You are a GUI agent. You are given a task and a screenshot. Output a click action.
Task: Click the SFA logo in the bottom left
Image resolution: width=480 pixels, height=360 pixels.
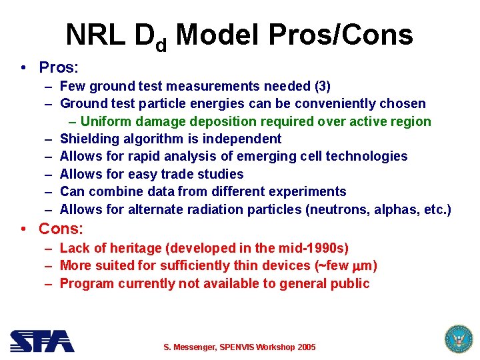tap(41, 341)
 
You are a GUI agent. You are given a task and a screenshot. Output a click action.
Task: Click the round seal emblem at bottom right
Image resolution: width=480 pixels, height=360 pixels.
tap(458, 339)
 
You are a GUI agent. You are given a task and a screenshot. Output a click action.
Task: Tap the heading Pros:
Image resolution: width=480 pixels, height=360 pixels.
tap(59, 67)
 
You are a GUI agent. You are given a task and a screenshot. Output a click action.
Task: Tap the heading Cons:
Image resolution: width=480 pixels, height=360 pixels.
tap(61, 229)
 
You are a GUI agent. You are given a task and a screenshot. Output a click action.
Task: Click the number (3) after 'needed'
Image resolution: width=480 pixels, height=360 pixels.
tap(321, 86)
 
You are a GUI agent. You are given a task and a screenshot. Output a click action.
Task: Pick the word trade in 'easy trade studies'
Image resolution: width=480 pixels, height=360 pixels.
tap(180, 174)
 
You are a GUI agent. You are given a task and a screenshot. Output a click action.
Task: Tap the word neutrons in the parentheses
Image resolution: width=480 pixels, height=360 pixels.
tap(335, 209)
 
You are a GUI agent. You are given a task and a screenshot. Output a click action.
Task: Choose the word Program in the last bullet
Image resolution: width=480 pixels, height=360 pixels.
tap(87, 283)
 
